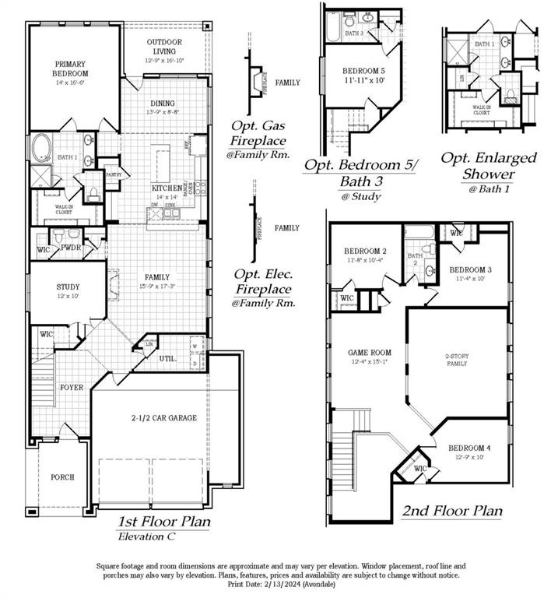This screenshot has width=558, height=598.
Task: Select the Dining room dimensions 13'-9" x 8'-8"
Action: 163,112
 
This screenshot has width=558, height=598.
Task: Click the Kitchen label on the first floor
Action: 167,188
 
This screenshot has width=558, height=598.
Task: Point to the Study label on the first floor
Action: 68,287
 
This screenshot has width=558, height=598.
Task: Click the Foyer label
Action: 72,387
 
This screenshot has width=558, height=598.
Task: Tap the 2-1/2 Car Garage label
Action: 163,418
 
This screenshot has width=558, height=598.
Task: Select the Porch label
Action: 62,477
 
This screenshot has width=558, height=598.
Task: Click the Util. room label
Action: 168,359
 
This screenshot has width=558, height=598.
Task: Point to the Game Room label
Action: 368,353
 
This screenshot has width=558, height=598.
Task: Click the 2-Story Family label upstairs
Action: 457,359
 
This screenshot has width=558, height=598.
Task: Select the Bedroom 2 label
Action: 366,251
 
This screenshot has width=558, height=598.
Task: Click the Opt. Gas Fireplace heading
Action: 257,133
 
